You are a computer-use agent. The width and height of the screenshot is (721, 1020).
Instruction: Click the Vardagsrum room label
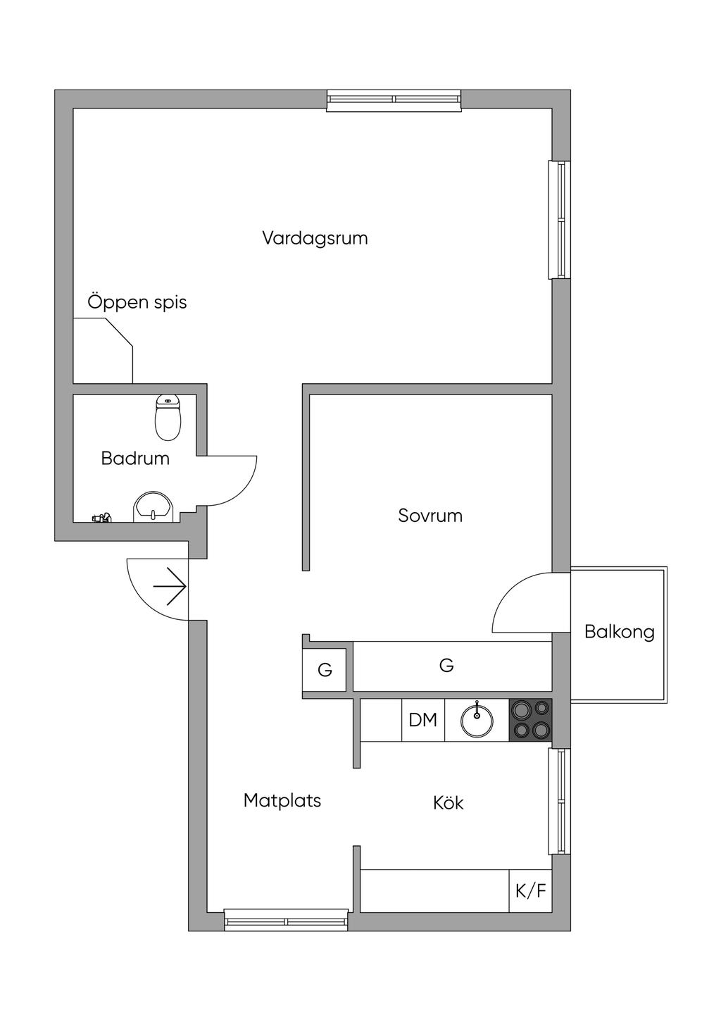(x=315, y=238)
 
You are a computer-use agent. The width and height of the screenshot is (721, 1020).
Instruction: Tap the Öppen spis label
(x=137, y=303)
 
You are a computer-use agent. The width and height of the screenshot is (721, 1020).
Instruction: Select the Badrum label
(x=135, y=459)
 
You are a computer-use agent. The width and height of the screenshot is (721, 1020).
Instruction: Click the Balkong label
(x=620, y=632)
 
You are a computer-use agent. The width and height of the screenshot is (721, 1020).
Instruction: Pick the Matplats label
(x=282, y=801)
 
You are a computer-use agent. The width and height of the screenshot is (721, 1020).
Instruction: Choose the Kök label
(x=449, y=803)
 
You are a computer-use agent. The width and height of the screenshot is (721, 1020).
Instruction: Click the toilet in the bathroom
(x=168, y=417)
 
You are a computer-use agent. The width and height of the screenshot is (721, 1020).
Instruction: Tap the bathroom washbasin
(x=153, y=507)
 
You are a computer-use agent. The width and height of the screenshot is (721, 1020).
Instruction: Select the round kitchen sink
(x=477, y=720)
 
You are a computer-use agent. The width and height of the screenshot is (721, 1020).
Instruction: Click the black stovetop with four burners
(x=530, y=720)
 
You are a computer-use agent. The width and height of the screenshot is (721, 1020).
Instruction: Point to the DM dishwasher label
(x=423, y=720)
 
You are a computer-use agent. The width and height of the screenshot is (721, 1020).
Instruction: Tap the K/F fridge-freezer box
(x=530, y=891)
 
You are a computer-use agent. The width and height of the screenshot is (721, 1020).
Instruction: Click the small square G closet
(x=325, y=670)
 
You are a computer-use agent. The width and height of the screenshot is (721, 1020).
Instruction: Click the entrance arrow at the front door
(x=170, y=586)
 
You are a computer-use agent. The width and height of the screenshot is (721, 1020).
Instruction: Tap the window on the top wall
(x=394, y=100)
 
